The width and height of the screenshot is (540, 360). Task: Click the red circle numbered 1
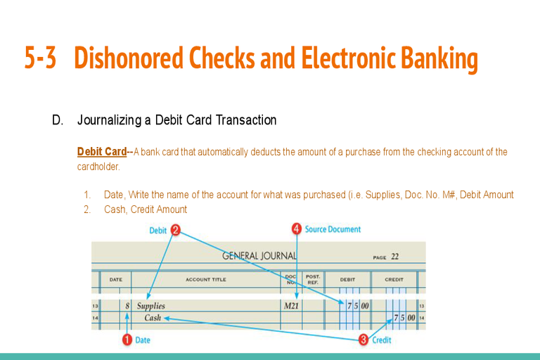127,340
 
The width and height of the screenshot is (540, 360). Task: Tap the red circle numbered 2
175,230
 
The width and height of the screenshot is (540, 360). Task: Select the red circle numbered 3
363,340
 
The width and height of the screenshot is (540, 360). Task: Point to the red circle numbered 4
297,229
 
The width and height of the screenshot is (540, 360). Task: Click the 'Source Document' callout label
333,229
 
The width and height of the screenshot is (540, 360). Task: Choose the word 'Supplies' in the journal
150,306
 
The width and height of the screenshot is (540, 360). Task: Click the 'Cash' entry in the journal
153,318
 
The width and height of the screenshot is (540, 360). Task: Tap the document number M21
291,306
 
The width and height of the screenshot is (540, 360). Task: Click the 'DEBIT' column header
347,280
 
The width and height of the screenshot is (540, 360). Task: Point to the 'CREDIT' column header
394,280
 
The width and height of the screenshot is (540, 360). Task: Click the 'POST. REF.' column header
313,279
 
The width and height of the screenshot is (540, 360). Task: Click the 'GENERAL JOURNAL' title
259,256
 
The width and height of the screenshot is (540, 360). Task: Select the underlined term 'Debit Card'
101,152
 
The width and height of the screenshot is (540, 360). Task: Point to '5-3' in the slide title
40,58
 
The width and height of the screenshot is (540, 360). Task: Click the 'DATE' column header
115,280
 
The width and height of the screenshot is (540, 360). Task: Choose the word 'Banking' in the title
434,58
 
